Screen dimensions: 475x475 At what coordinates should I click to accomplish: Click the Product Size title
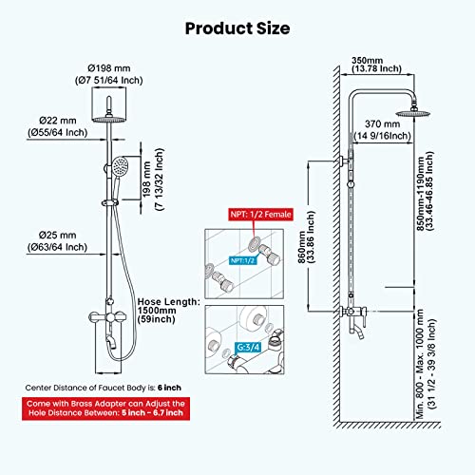[237, 27]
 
